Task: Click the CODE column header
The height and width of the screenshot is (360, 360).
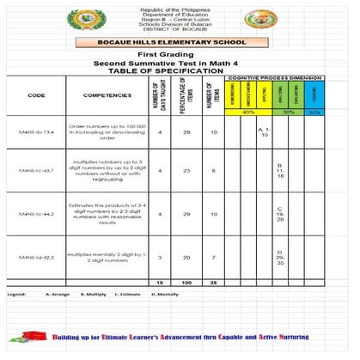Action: [x=36, y=95]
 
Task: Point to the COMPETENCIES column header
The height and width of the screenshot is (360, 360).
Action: [x=107, y=95]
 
